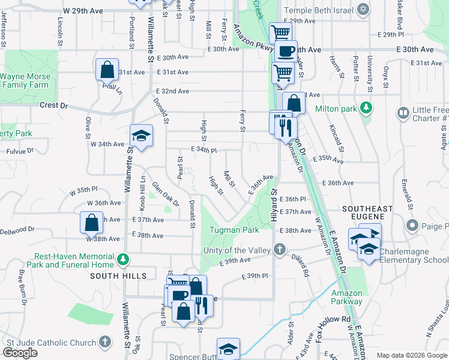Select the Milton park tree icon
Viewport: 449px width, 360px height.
click(364, 109)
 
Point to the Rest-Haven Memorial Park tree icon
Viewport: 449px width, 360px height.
click(123, 260)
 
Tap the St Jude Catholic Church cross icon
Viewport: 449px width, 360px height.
click(105, 342)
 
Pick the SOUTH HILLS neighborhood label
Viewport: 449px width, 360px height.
click(118, 276)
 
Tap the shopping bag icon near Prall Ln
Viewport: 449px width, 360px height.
click(106, 70)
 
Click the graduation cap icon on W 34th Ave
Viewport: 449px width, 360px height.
click(140, 136)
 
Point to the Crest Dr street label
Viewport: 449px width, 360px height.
click(53, 105)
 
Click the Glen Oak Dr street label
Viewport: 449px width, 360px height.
click(165, 194)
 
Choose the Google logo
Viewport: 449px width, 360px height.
click(20, 353)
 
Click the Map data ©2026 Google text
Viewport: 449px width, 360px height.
click(412, 355)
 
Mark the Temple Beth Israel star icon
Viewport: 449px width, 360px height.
click(363, 10)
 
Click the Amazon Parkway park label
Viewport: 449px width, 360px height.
click(347, 297)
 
